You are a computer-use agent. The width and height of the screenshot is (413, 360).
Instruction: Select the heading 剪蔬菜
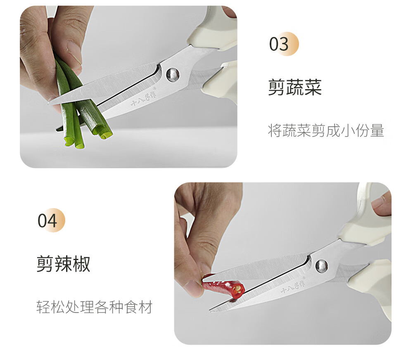(x=294, y=87)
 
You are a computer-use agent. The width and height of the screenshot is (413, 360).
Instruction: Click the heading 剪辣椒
(x=63, y=263)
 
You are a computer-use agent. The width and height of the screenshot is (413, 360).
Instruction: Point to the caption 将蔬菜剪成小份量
(x=326, y=131)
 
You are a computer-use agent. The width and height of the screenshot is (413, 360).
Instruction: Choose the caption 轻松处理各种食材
(x=95, y=307)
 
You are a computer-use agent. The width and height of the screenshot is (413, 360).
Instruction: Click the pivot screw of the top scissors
(x=172, y=74)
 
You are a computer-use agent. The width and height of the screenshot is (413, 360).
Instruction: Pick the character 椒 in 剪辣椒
(x=81, y=263)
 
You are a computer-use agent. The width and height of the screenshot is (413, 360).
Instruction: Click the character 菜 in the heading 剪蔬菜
(x=313, y=87)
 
